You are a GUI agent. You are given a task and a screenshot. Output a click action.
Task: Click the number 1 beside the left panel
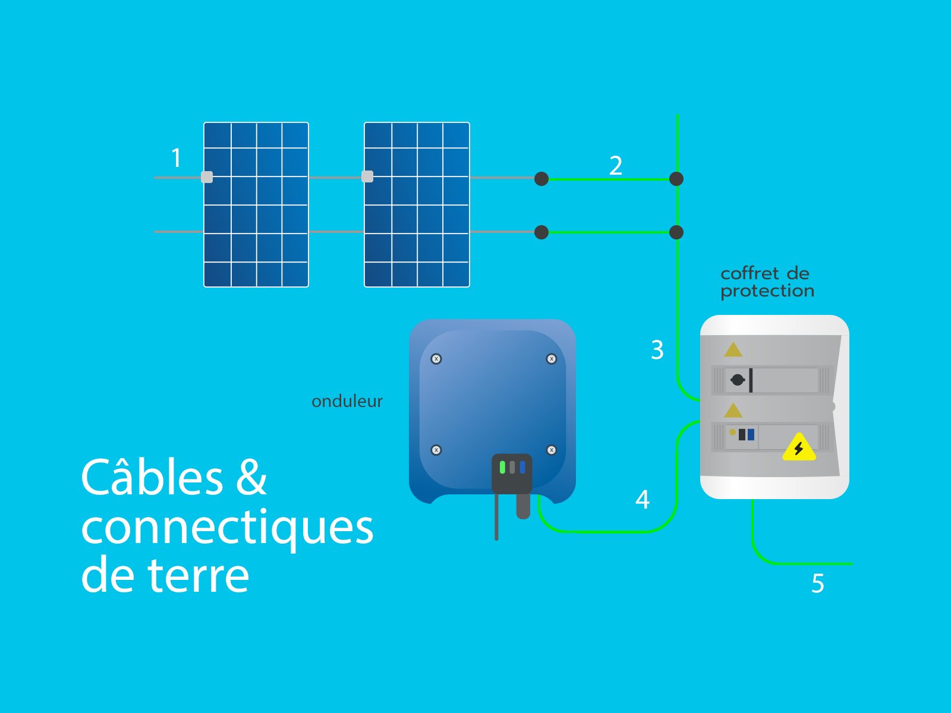click(x=176, y=159)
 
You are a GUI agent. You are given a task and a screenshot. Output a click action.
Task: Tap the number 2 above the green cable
click(x=616, y=166)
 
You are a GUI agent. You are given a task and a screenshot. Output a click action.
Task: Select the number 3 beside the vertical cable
click(x=657, y=351)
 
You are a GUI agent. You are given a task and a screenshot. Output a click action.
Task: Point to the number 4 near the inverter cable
click(x=643, y=500)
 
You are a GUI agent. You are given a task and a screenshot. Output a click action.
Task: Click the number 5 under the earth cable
click(x=818, y=583)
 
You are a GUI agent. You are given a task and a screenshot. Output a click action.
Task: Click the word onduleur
click(x=347, y=402)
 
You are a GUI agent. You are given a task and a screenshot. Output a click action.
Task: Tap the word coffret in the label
click(x=749, y=274)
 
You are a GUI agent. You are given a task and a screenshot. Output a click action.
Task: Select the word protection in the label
click(x=767, y=291)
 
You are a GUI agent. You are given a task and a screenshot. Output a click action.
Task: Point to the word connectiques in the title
click(x=227, y=528)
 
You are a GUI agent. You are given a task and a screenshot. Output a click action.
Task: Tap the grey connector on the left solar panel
click(x=207, y=177)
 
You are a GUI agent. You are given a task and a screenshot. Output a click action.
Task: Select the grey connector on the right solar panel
click(x=367, y=176)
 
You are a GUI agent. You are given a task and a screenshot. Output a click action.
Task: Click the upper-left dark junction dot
click(x=541, y=179)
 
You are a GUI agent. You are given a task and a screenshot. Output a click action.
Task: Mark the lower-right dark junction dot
click(x=676, y=232)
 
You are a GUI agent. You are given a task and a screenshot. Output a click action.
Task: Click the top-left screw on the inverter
click(x=436, y=359)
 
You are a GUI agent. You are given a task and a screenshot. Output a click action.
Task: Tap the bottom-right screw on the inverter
click(x=552, y=450)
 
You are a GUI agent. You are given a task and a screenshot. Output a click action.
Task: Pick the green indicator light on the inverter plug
click(x=502, y=467)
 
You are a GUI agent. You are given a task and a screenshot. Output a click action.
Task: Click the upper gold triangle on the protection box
click(x=733, y=349)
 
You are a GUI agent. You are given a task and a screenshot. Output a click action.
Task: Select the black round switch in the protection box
click(x=738, y=380)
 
